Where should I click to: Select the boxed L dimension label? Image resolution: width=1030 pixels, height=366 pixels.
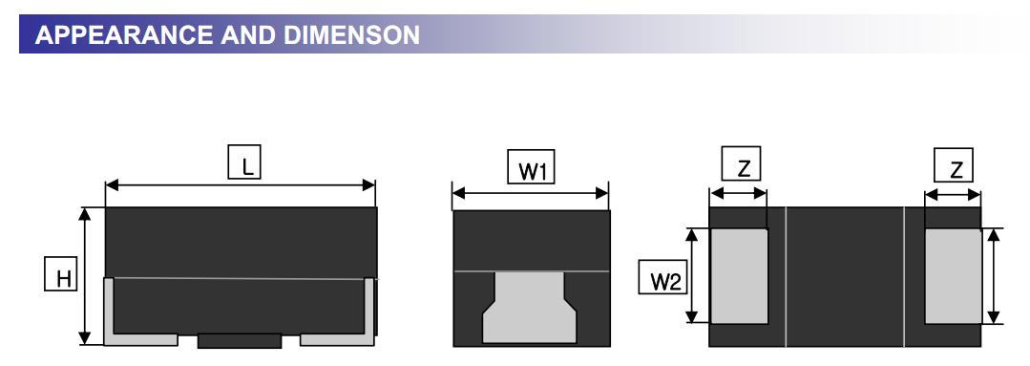pos(245,163)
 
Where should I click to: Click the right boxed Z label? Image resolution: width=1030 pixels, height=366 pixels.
pos(957,166)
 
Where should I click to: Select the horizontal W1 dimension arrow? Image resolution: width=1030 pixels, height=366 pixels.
pos(530,193)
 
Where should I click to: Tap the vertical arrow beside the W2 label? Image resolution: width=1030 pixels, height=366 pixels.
pos(693,275)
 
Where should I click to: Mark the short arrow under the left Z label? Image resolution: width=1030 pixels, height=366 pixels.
pos(739,194)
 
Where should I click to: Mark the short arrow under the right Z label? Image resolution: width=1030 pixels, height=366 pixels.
pos(953,194)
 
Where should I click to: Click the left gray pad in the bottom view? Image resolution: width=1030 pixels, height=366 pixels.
pos(740,275)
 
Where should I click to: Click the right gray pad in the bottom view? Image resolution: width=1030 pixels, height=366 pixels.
pos(953,275)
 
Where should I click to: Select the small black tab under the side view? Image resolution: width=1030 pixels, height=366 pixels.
pos(239,340)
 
